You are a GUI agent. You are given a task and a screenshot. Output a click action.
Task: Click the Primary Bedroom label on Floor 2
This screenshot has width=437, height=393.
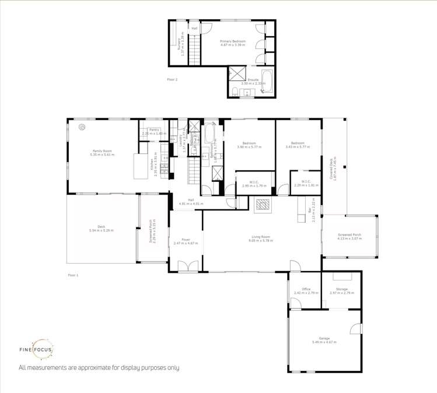pyautogui.click(x=233, y=41)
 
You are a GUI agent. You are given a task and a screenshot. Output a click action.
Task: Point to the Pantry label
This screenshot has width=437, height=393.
pyautogui.click(x=154, y=129)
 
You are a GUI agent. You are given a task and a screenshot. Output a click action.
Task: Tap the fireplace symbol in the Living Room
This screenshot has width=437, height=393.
pyautogui.click(x=262, y=203)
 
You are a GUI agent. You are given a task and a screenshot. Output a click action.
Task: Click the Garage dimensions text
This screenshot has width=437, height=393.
pyautogui.click(x=324, y=342)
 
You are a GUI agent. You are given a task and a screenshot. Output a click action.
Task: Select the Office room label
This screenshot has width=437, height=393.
pyautogui.click(x=306, y=289)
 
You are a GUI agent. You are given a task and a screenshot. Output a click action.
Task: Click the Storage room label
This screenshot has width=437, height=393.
pyautogui.click(x=341, y=289)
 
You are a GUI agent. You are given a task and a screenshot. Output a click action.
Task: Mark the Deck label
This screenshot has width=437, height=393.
pyautogui.click(x=101, y=227)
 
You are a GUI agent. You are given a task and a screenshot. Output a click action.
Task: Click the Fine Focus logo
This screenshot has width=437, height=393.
pyautogui.click(x=43, y=350)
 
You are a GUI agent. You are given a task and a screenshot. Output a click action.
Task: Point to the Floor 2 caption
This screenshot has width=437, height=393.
pyautogui.click(x=172, y=79)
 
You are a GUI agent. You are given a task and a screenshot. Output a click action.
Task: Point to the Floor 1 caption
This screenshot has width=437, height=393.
pyautogui.click(x=73, y=274)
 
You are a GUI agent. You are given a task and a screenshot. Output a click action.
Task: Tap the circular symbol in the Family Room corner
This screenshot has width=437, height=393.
pyautogui.click(x=82, y=127)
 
